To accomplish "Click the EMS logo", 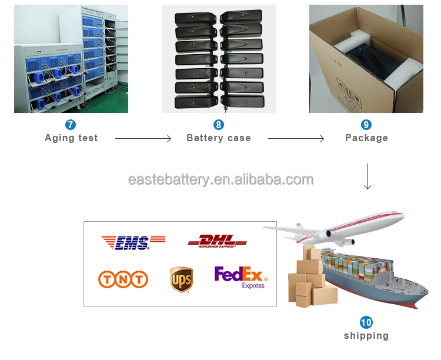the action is (x=133, y=242).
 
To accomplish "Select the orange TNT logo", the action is (x=123, y=279).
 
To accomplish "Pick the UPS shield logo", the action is (x=182, y=279).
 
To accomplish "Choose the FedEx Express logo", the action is (x=241, y=277).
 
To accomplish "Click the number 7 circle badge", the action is (x=71, y=125).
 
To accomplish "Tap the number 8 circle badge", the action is (x=219, y=125).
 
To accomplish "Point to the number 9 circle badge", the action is (x=366, y=125).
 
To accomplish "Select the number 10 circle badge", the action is (x=366, y=322).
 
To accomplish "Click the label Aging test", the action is (x=71, y=138).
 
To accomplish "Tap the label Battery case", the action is (x=219, y=138).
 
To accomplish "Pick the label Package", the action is (x=366, y=138).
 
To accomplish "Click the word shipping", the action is (x=366, y=336).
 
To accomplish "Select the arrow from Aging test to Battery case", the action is (x=143, y=139).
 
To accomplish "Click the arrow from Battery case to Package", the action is (x=296, y=139).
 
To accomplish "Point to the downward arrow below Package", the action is (x=367, y=176).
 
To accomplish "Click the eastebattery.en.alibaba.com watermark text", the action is (x=220, y=179).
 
